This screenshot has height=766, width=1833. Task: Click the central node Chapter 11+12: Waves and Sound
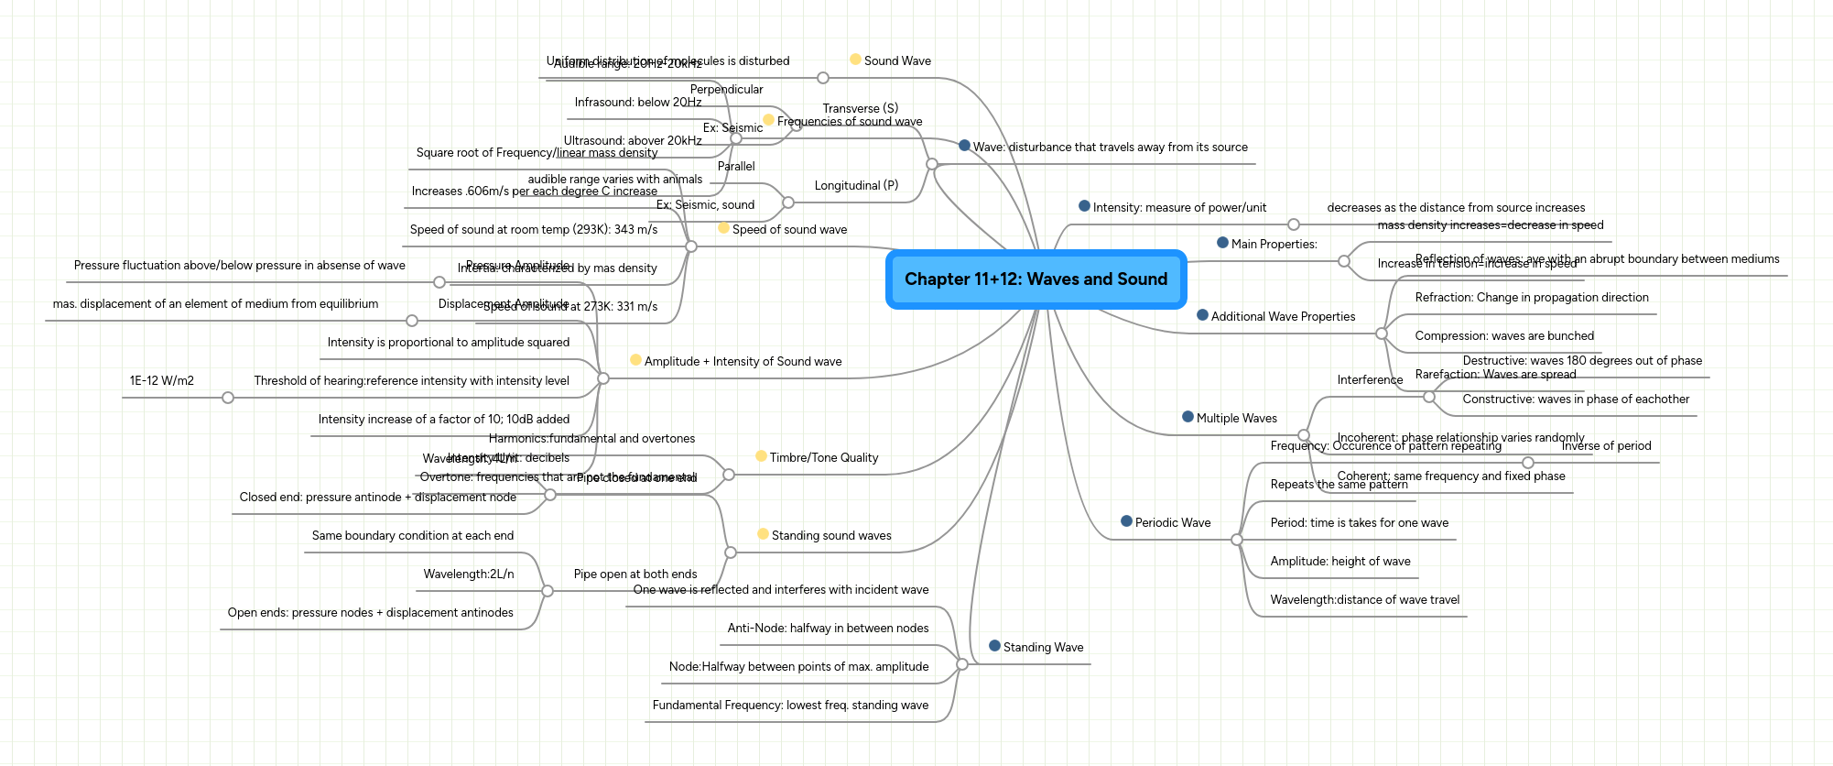pyautogui.click(x=1036, y=279)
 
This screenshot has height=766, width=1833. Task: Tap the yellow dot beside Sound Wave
pyautogui.click(x=855, y=60)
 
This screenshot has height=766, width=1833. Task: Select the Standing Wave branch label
pyautogui.click(x=1043, y=648)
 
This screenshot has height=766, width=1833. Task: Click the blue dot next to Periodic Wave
pyautogui.click(x=1126, y=521)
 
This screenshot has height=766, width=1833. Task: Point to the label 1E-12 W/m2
pyautogui.click(x=162, y=381)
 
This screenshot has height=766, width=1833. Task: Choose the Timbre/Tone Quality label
pyautogui.click(x=823, y=458)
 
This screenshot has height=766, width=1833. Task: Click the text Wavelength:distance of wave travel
pyautogui.click(x=1364, y=600)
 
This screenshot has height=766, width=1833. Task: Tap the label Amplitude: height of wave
pyautogui.click(x=1339, y=562)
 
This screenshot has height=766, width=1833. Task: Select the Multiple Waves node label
pyautogui.click(x=1236, y=419)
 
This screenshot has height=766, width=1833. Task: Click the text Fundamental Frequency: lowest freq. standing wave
pyautogui.click(x=790, y=706)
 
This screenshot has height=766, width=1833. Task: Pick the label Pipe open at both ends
pyautogui.click(x=634, y=574)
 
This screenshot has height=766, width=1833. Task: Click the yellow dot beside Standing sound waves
pyautogui.click(x=763, y=534)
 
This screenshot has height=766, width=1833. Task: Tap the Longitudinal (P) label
pyautogui.click(x=856, y=186)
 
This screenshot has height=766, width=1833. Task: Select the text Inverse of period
pyautogui.click(x=1606, y=446)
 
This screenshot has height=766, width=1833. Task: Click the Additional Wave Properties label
pyautogui.click(x=1283, y=317)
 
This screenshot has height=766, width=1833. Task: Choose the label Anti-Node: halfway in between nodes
pyautogui.click(x=828, y=629)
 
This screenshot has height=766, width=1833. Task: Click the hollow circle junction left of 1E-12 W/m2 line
pyautogui.click(x=228, y=398)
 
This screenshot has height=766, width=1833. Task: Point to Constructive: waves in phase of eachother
pyautogui.click(x=1576, y=399)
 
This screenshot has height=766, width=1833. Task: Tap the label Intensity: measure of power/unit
pyautogui.click(x=1179, y=208)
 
